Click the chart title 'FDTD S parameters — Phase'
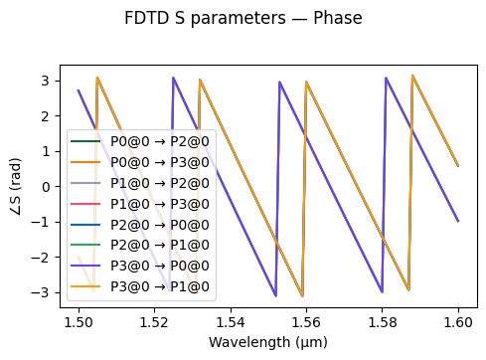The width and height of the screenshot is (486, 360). [x=243, y=19]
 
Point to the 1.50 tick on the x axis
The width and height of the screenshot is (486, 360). [x=79, y=323]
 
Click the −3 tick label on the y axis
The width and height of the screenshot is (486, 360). [x=42, y=293]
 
